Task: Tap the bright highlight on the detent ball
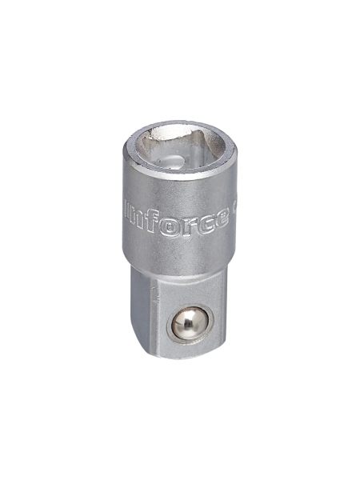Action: tap(183, 319)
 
